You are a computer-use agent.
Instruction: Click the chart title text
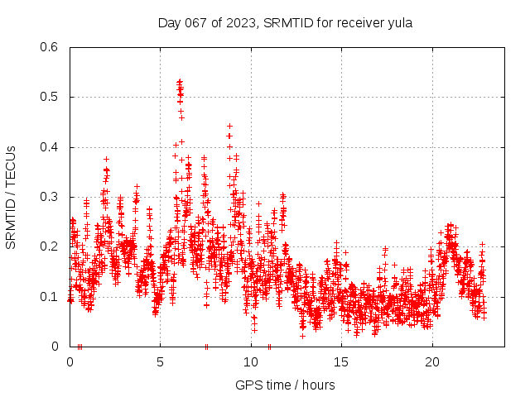[x=285, y=23]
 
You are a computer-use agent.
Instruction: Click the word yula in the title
[x=398, y=23]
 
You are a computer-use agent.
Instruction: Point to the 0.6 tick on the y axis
[x=51, y=47]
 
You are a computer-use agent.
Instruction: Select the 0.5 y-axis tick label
[x=51, y=97]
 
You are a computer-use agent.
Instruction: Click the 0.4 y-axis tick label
[x=51, y=147]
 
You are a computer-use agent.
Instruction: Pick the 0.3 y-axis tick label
[x=51, y=197]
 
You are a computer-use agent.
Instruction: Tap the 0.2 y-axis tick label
[x=51, y=246]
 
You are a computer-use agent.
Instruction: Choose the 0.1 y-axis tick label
[x=51, y=296]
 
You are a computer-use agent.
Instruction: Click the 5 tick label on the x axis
[x=161, y=362]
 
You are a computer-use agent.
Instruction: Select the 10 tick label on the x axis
[x=251, y=362]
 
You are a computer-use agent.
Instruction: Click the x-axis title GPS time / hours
[x=285, y=385]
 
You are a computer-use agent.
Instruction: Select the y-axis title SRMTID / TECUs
[x=11, y=197]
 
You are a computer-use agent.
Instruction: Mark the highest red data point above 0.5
[x=180, y=81]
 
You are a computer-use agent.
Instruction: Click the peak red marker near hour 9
[x=229, y=126]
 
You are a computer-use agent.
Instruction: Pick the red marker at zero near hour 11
[x=270, y=346]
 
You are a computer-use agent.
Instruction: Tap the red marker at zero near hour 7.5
[x=206, y=346]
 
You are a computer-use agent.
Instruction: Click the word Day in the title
[x=169, y=23]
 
